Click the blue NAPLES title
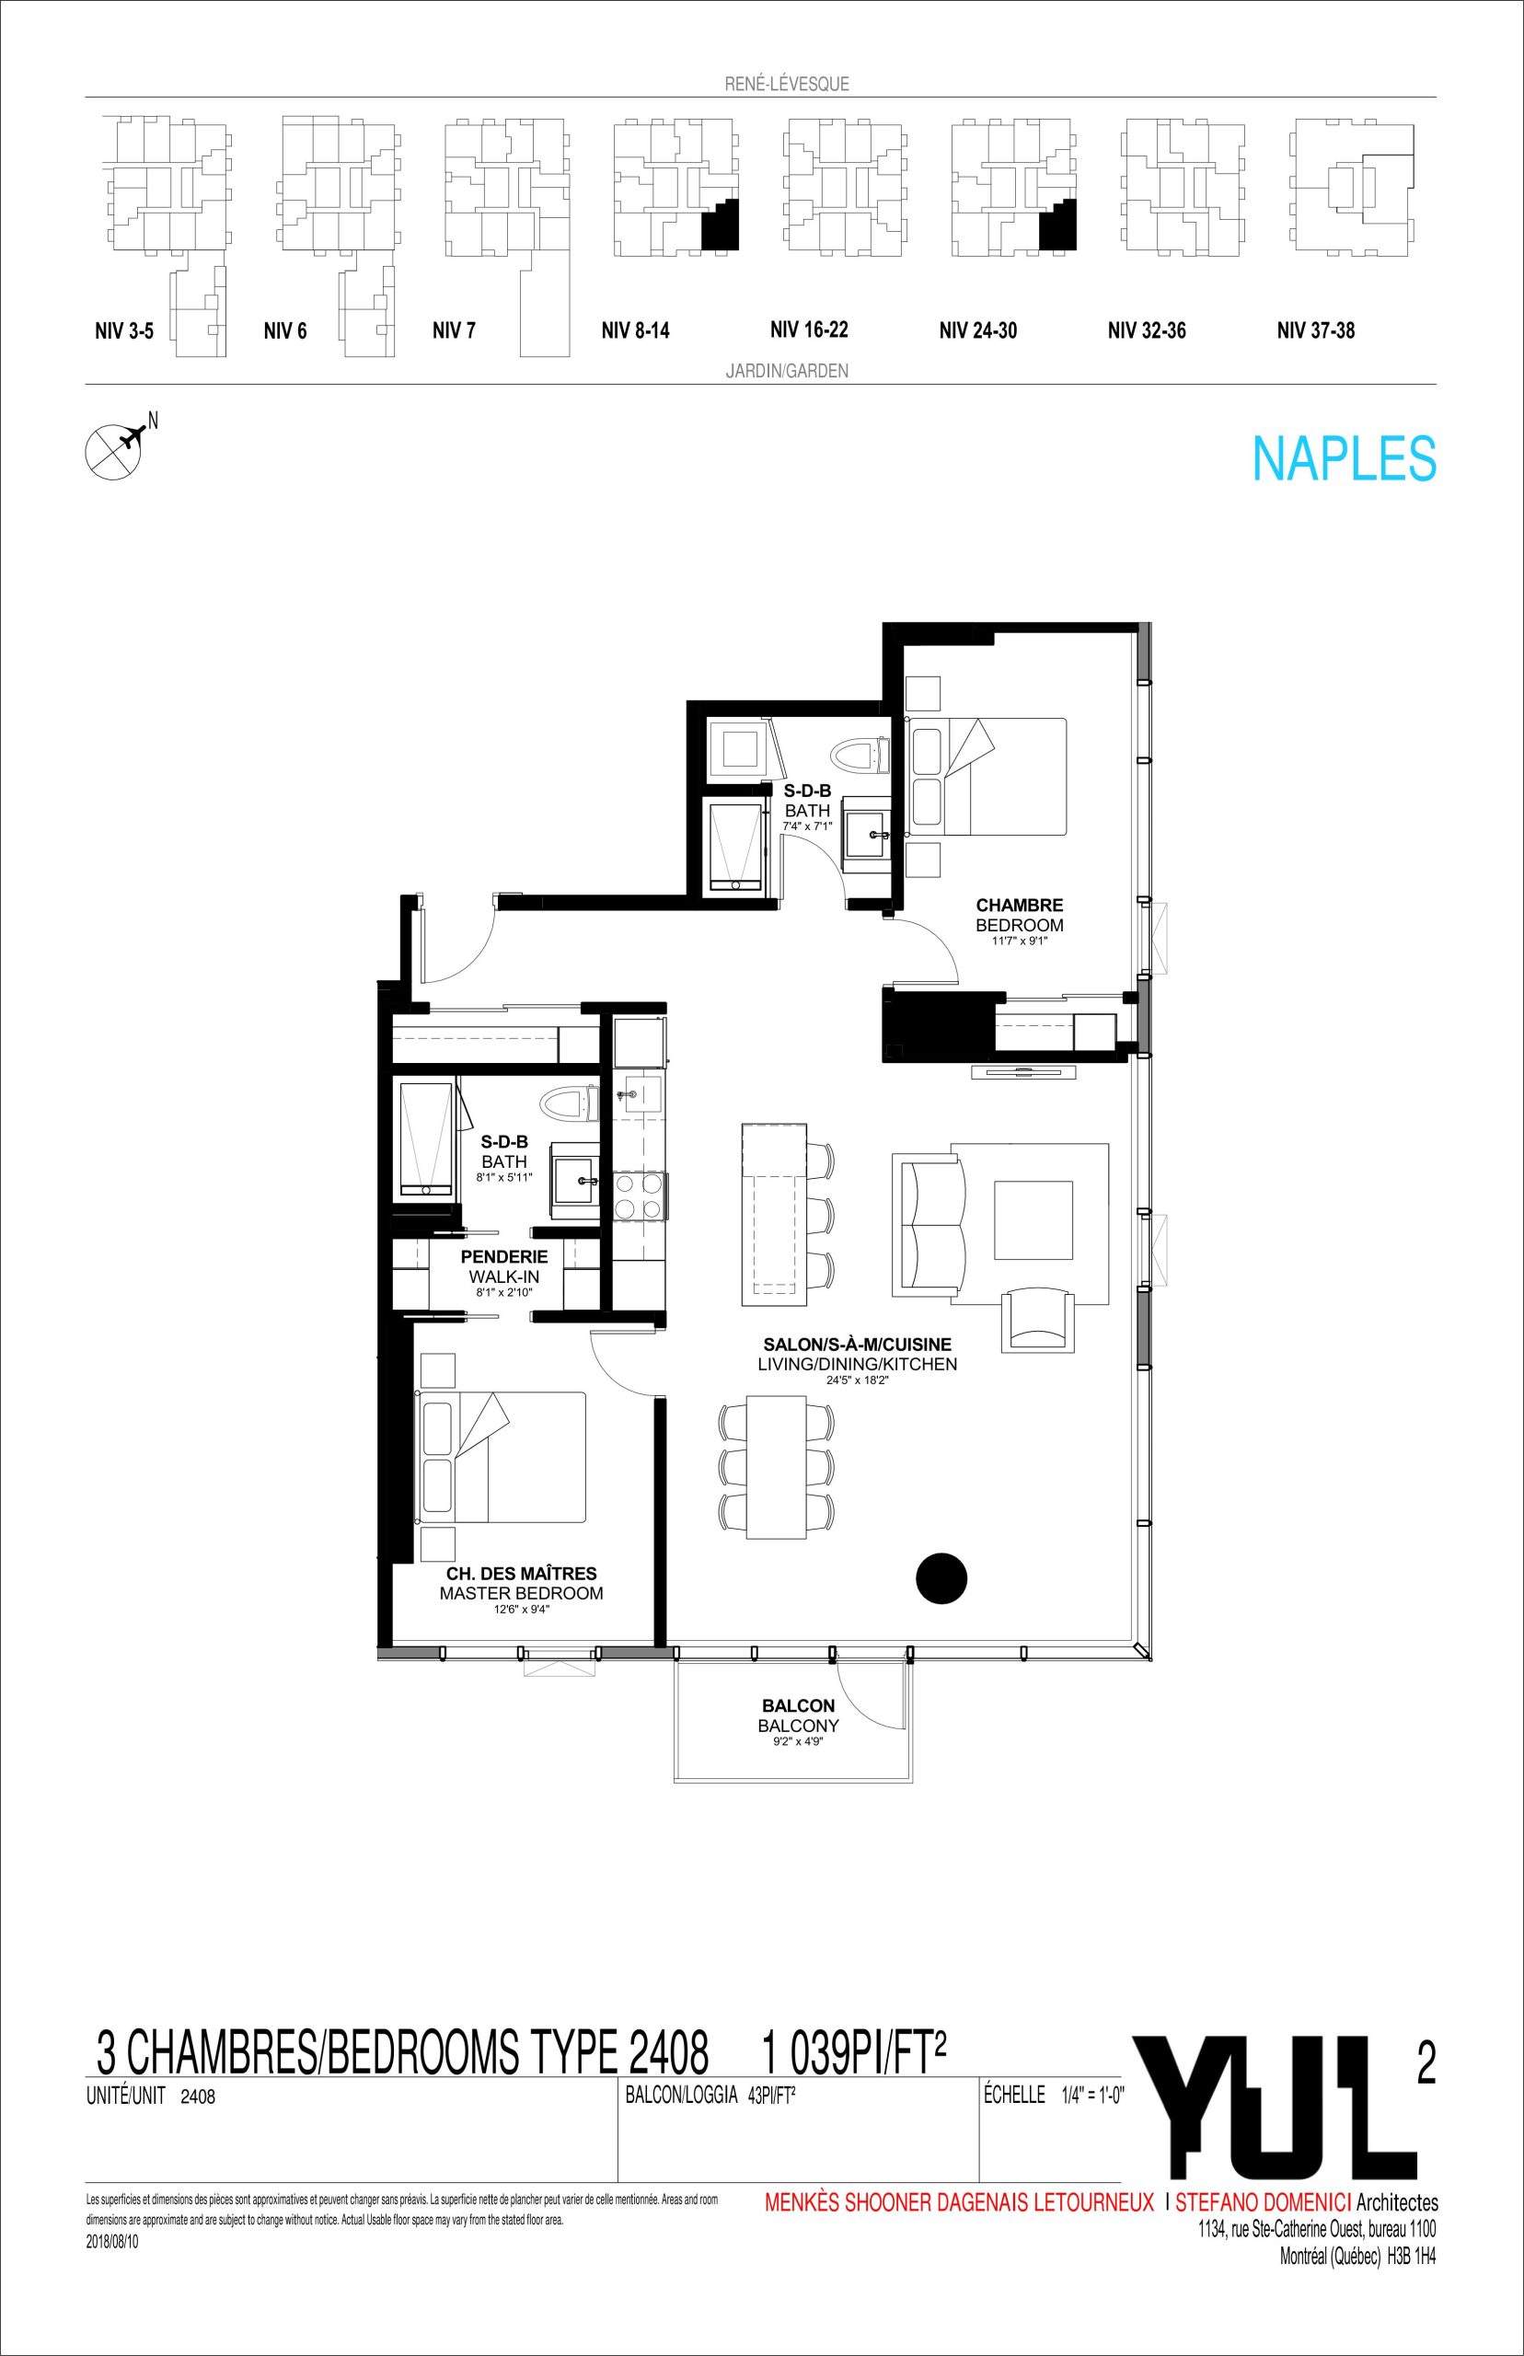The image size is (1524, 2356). point(1344,459)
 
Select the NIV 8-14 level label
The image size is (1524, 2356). point(635,330)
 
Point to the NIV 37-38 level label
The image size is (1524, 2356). point(1315,330)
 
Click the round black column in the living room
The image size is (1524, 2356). point(941,1578)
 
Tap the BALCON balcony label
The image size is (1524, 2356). point(799,1706)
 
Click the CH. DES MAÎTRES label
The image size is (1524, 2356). point(522,1574)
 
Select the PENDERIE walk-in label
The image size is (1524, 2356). point(503,1256)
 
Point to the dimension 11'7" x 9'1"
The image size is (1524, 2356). point(1020,941)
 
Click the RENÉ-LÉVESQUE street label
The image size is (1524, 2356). point(787,84)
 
